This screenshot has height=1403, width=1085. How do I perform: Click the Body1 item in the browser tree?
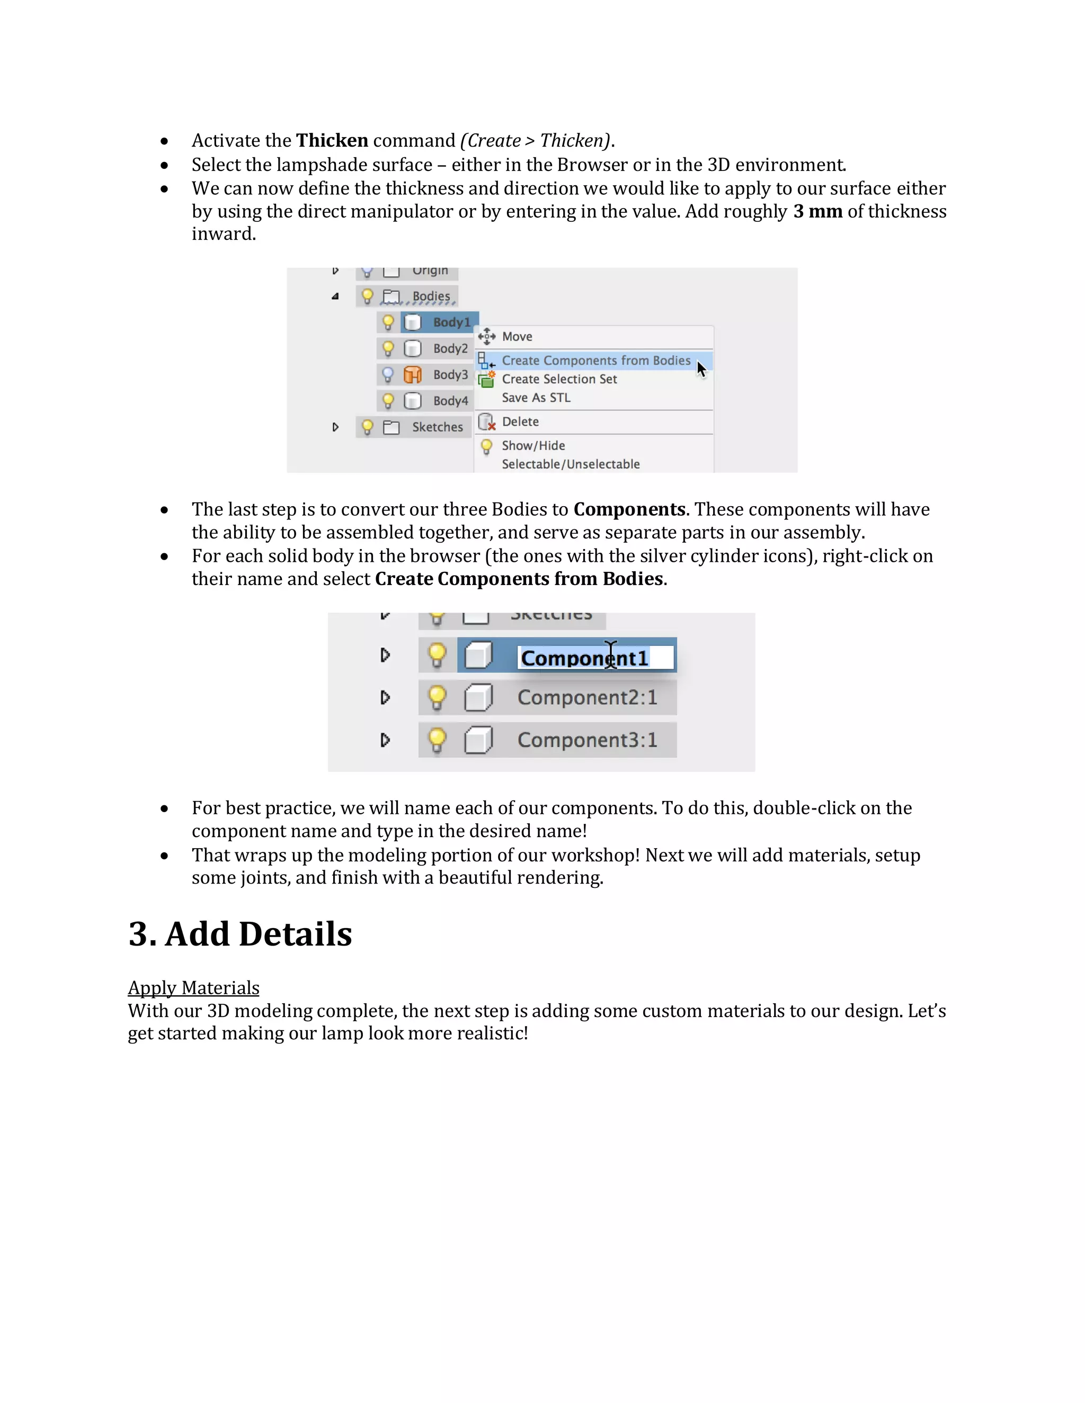pyautogui.click(x=451, y=322)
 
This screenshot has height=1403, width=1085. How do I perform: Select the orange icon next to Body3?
pyautogui.click(x=413, y=374)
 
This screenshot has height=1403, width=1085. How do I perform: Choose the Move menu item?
pyautogui.click(x=517, y=337)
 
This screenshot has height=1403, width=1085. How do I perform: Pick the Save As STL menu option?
pyautogui.click(x=536, y=398)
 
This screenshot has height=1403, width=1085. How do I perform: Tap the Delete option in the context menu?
pyautogui.click(x=520, y=421)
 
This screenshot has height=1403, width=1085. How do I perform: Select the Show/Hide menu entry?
pyautogui.click(x=533, y=446)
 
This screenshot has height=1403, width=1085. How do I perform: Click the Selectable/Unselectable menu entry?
pyautogui.click(x=570, y=464)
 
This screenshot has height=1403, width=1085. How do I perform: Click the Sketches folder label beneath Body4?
pyautogui.click(x=437, y=427)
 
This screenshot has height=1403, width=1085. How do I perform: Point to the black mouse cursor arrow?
pyautogui.click(x=700, y=368)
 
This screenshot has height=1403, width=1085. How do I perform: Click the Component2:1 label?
pyautogui.click(x=587, y=698)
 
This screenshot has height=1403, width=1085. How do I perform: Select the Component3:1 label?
pyautogui.click(x=587, y=740)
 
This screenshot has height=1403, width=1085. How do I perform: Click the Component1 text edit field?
pyautogui.click(x=594, y=658)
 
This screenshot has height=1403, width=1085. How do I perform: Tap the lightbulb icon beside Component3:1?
pyautogui.click(x=437, y=740)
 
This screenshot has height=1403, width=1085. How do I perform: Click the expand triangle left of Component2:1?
pyautogui.click(x=385, y=698)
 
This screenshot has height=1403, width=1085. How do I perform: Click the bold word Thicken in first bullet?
pyautogui.click(x=332, y=141)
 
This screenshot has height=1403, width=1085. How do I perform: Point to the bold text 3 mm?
pyautogui.click(x=817, y=211)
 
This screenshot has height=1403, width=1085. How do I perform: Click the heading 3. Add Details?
pyautogui.click(x=240, y=934)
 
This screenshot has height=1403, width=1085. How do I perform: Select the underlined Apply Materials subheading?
pyautogui.click(x=193, y=987)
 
